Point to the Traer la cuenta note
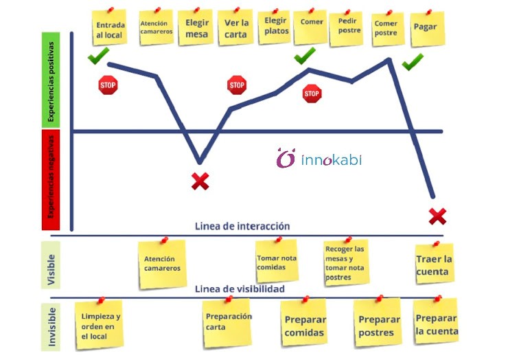tap(432, 264)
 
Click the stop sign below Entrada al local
tap(108, 86)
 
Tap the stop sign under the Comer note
tap(312, 93)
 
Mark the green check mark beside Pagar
tap(413, 63)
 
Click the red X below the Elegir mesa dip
tap(200, 181)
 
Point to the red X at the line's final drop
tap(437, 217)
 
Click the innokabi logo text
tap(331, 160)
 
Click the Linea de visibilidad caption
tap(240, 289)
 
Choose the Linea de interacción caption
tap(242, 226)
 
